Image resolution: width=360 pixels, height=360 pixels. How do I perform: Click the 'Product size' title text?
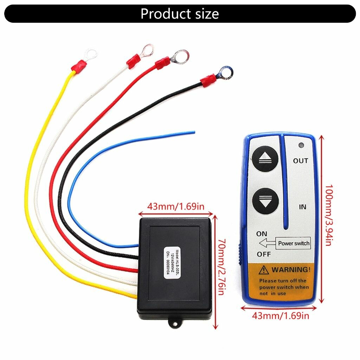pyautogui.click(x=180, y=14)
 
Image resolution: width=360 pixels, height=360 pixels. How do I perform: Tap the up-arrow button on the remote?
pyautogui.click(x=265, y=159)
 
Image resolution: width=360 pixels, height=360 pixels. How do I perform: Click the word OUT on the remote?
pyautogui.click(x=301, y=161)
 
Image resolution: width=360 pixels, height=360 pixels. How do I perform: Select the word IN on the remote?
pyautogui.click(x=302, y=207)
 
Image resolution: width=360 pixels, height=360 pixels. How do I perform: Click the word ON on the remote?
pyautogui.click(x=262, y=234)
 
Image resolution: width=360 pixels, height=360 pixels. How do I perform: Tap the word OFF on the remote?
pyautogui.click(x=263, y=254)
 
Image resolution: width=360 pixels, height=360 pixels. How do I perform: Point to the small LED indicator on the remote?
pyautogui.click(x=301, y=145)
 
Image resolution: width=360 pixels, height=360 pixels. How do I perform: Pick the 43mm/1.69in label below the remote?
pyautogui.click(x=281, y=316)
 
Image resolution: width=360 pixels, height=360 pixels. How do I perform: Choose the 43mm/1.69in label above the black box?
pyautogui.click(x=175, y=206)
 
